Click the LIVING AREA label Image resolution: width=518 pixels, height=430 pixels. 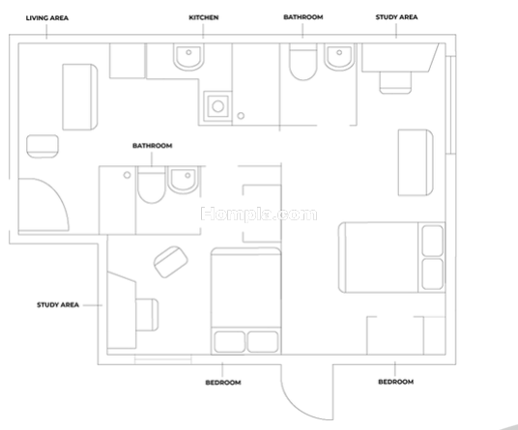click(47, 17)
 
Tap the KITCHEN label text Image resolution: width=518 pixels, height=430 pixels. click(204, 17)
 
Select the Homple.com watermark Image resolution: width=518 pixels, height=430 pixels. click(259, 214)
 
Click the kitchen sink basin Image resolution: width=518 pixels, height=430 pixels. click(189, 57)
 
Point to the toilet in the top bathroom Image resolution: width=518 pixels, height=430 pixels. click(302, 62)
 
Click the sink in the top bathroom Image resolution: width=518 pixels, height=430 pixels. click(339, 57)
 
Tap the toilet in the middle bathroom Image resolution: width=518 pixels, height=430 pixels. click(152, 185)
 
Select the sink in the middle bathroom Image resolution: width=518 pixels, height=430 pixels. click(184, 180)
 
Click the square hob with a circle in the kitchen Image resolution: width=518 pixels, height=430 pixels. click(217, 106)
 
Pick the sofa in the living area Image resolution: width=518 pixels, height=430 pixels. click(80, 97)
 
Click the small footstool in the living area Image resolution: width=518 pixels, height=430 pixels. click(43, 146)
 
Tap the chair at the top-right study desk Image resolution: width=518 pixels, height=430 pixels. click(395, 82)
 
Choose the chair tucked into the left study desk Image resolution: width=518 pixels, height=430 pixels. click(147, 314)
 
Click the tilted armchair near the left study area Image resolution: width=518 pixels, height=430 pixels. click(171, 262)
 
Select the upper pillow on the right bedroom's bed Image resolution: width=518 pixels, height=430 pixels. click(432, 241)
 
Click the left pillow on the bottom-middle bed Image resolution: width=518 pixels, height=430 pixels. click(230, 342)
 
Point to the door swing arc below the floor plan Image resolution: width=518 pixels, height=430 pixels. click(298, 405)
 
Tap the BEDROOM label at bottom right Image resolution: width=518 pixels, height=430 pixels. click(396, 382)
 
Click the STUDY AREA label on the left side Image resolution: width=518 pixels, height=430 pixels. click(58, 304)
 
